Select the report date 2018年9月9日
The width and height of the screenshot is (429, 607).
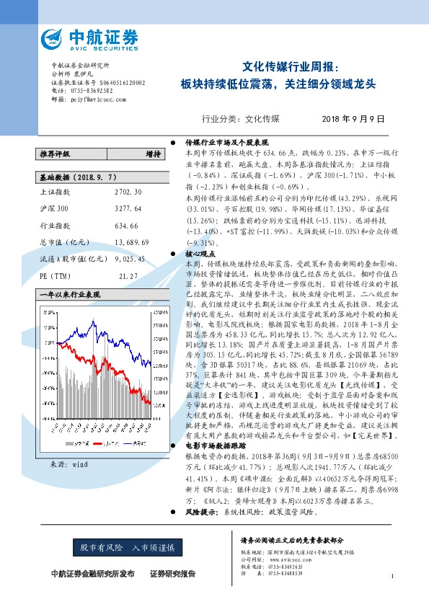353,118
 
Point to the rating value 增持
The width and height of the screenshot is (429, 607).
153,154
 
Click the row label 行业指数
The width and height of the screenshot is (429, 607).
52,226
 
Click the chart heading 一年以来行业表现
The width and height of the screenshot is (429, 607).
69,295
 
